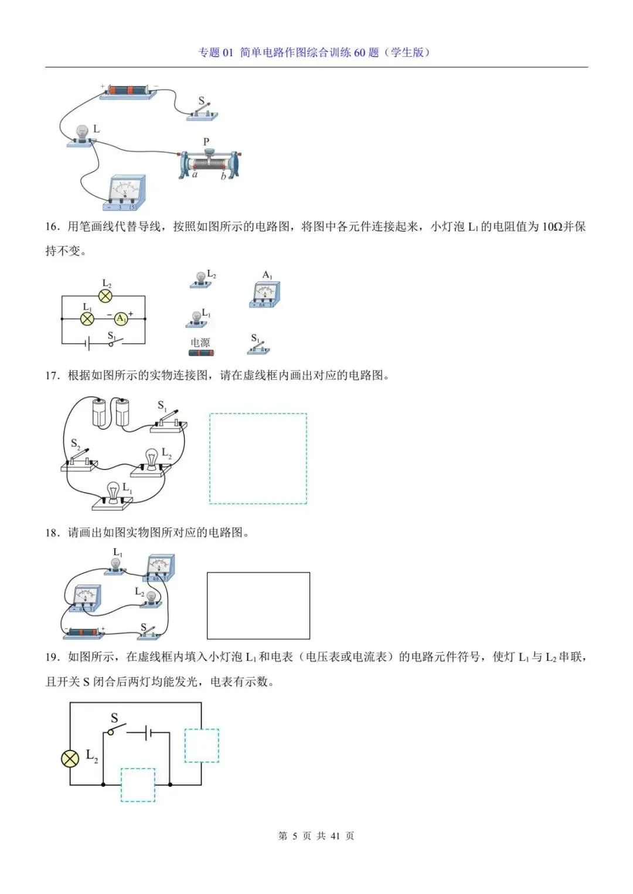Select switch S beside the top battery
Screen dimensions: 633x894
(x=203, y=112)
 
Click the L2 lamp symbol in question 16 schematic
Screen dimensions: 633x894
(x=105, y=296)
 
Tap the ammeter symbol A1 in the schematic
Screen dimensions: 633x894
(x=121, y=318)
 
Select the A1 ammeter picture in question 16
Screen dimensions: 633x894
(x=265, y=294)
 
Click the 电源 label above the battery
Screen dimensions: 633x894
(x=200, y=342)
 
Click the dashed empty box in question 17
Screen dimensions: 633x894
(x=258, y=458)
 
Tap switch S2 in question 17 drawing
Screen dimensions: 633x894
(x=79, y=460)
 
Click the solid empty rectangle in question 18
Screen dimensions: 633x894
(x=258, y=605)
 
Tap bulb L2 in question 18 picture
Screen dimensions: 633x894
(x=152, y=598)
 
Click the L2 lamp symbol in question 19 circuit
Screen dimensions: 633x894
(x=70, y=759)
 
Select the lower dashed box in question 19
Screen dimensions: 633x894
(x=138, y=785)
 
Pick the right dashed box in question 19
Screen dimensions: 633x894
(x=202, y=745)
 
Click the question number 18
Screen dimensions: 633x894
(x=53, y=533)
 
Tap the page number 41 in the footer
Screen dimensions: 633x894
(x=335, y=836)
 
